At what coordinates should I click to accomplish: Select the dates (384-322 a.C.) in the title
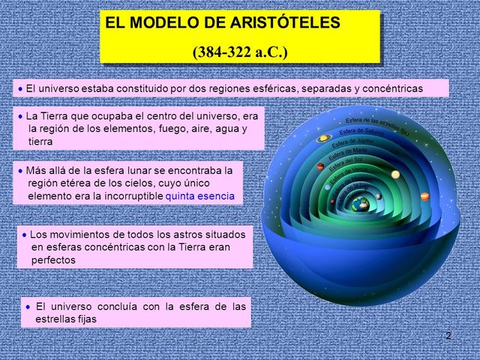coord(239,52)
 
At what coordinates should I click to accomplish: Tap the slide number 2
coord(448,335)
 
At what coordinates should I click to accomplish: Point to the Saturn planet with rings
coord(324,138)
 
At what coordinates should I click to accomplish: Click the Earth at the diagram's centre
coord(361,204)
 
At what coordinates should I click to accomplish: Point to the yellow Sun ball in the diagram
coord(395,174)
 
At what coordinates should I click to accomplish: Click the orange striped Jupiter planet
coord(424,196)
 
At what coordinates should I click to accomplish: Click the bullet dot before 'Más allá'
coord(20,170)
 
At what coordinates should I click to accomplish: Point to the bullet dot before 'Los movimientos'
coord(24,234)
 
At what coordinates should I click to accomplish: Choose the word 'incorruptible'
coord(130,196)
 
